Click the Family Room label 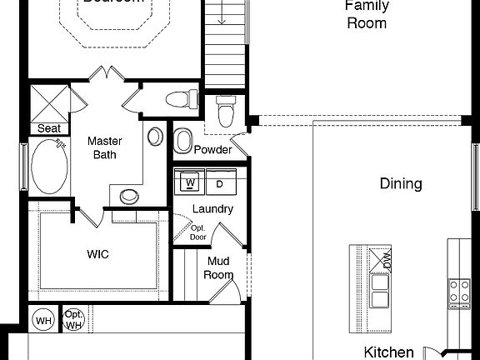click(x=366, y=14)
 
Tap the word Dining click(x=401, y=183)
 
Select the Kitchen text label click(x=388, y=352)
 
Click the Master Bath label click(x=105, y=147)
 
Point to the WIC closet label click(x=98, y=253)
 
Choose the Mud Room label click(x=219, y=267)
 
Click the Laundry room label click(x=212, y=209)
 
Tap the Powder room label click(x=212, y=150)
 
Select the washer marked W click(x=191, y=182)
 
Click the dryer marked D click(x=220, y=182)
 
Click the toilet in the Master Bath click(x=178, y=101)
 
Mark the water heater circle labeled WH click(x=43, y=318)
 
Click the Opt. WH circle click(x=73, y=318)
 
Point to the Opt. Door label click(x=197, y=232)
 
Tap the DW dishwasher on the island click(x=385, y=259)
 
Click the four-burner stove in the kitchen click(x=459, y=291)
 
